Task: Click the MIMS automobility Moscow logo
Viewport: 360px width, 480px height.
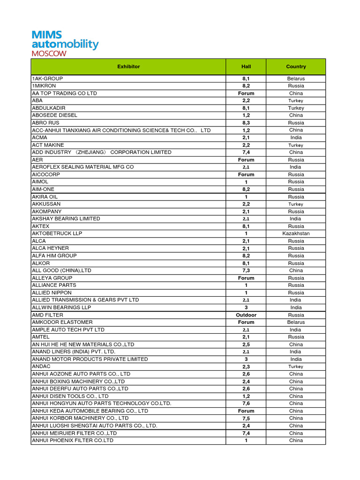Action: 65,43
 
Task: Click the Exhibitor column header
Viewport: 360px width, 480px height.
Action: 128,67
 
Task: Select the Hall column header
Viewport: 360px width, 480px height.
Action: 246,67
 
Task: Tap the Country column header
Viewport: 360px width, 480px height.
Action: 296,67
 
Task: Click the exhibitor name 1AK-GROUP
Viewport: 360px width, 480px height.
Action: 47,79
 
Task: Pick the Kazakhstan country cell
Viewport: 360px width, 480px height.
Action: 296,233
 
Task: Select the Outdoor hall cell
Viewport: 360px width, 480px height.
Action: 246,315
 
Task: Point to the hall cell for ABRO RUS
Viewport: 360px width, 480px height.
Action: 246,123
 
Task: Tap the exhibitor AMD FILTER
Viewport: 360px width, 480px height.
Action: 47,315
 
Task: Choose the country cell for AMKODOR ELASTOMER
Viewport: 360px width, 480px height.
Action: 296,322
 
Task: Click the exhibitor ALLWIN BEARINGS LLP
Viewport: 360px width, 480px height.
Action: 61,307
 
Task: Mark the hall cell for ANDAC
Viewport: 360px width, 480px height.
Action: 246,367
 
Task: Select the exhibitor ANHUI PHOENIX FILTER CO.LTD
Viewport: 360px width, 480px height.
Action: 73,441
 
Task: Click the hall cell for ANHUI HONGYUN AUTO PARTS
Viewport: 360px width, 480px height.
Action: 246,404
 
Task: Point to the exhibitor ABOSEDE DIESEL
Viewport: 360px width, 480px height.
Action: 54,115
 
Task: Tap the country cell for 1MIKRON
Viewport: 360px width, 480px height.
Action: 296,86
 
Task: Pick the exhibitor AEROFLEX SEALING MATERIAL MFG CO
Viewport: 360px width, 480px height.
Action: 82,167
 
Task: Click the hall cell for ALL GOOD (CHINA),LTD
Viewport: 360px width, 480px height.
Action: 246,270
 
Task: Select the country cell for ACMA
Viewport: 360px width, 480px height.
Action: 296,137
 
